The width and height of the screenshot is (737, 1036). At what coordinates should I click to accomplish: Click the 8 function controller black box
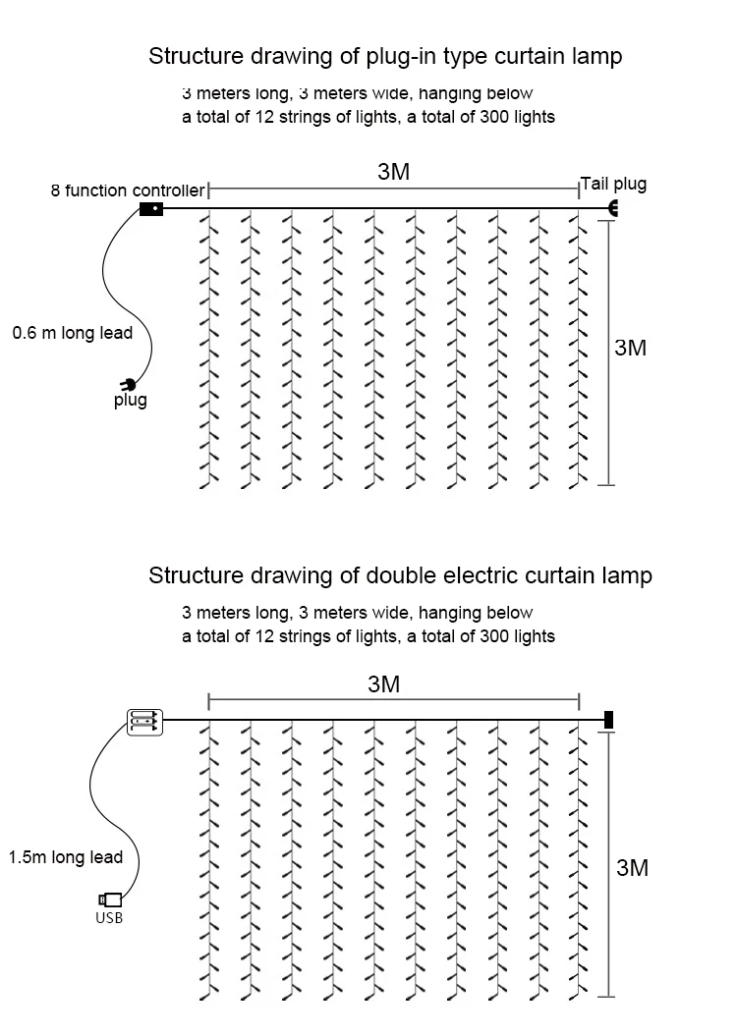coord(151,209)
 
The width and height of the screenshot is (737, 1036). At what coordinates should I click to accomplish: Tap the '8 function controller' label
coord(128,191)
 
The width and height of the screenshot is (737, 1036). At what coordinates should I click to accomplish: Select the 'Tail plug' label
coord(614,185)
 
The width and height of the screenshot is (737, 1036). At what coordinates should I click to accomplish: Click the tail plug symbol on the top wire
coord(613,208)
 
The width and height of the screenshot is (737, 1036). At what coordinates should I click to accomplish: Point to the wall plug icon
coord(128,384)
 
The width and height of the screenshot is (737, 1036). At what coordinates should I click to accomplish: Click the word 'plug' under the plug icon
coord(131,400)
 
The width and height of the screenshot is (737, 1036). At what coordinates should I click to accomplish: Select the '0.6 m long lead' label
coord(72,333)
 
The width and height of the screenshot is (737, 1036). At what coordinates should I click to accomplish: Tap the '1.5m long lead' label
coord(66,857)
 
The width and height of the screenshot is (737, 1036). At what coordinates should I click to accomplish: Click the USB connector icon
coord(110,900)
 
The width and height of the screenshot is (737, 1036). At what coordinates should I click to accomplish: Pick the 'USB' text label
coord(109,918)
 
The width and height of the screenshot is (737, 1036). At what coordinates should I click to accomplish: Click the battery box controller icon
coord(144,722)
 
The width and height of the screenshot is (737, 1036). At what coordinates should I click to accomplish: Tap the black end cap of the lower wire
coord(609,720)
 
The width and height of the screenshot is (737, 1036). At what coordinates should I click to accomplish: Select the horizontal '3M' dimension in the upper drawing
coord(394,172)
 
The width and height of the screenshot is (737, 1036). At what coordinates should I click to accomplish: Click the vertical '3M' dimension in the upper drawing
coord(631,348)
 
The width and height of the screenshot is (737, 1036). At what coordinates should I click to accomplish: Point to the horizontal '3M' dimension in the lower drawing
coord(384,684)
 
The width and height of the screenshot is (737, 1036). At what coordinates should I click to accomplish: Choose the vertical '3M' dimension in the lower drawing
coord(633,867)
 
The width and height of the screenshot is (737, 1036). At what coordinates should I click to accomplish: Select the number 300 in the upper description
coord(491,117)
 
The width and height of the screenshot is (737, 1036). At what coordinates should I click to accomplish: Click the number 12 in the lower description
coord(264,636)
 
